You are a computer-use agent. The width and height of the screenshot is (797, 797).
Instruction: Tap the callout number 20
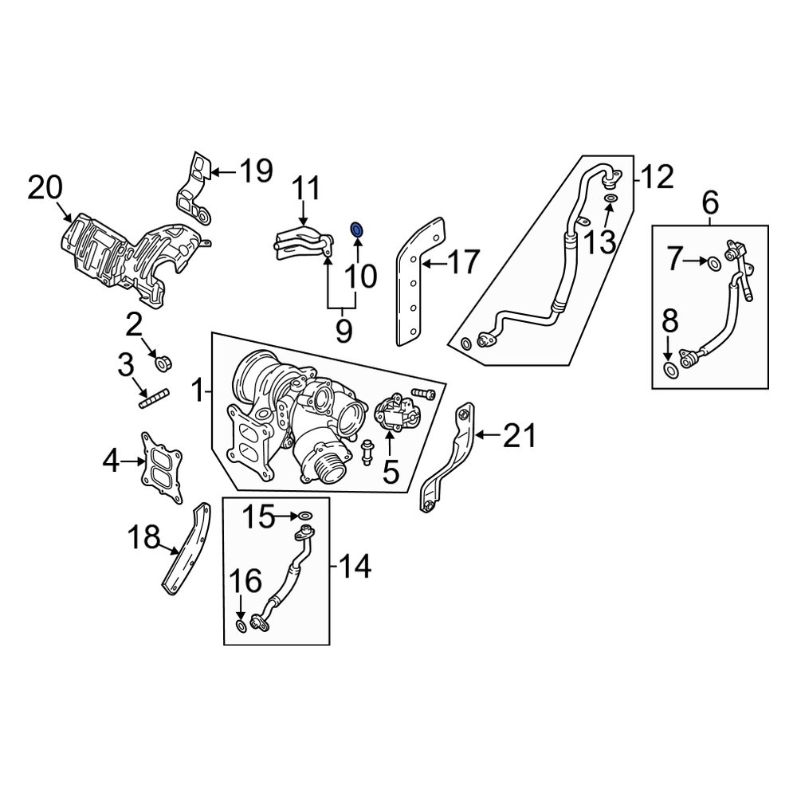tap(45, 190)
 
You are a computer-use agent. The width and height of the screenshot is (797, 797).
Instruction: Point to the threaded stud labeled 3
tap(155, 399)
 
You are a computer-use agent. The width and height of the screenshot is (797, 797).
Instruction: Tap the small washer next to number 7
tap(713, 263)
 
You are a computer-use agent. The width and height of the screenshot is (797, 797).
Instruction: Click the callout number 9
tap(343, 331)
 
